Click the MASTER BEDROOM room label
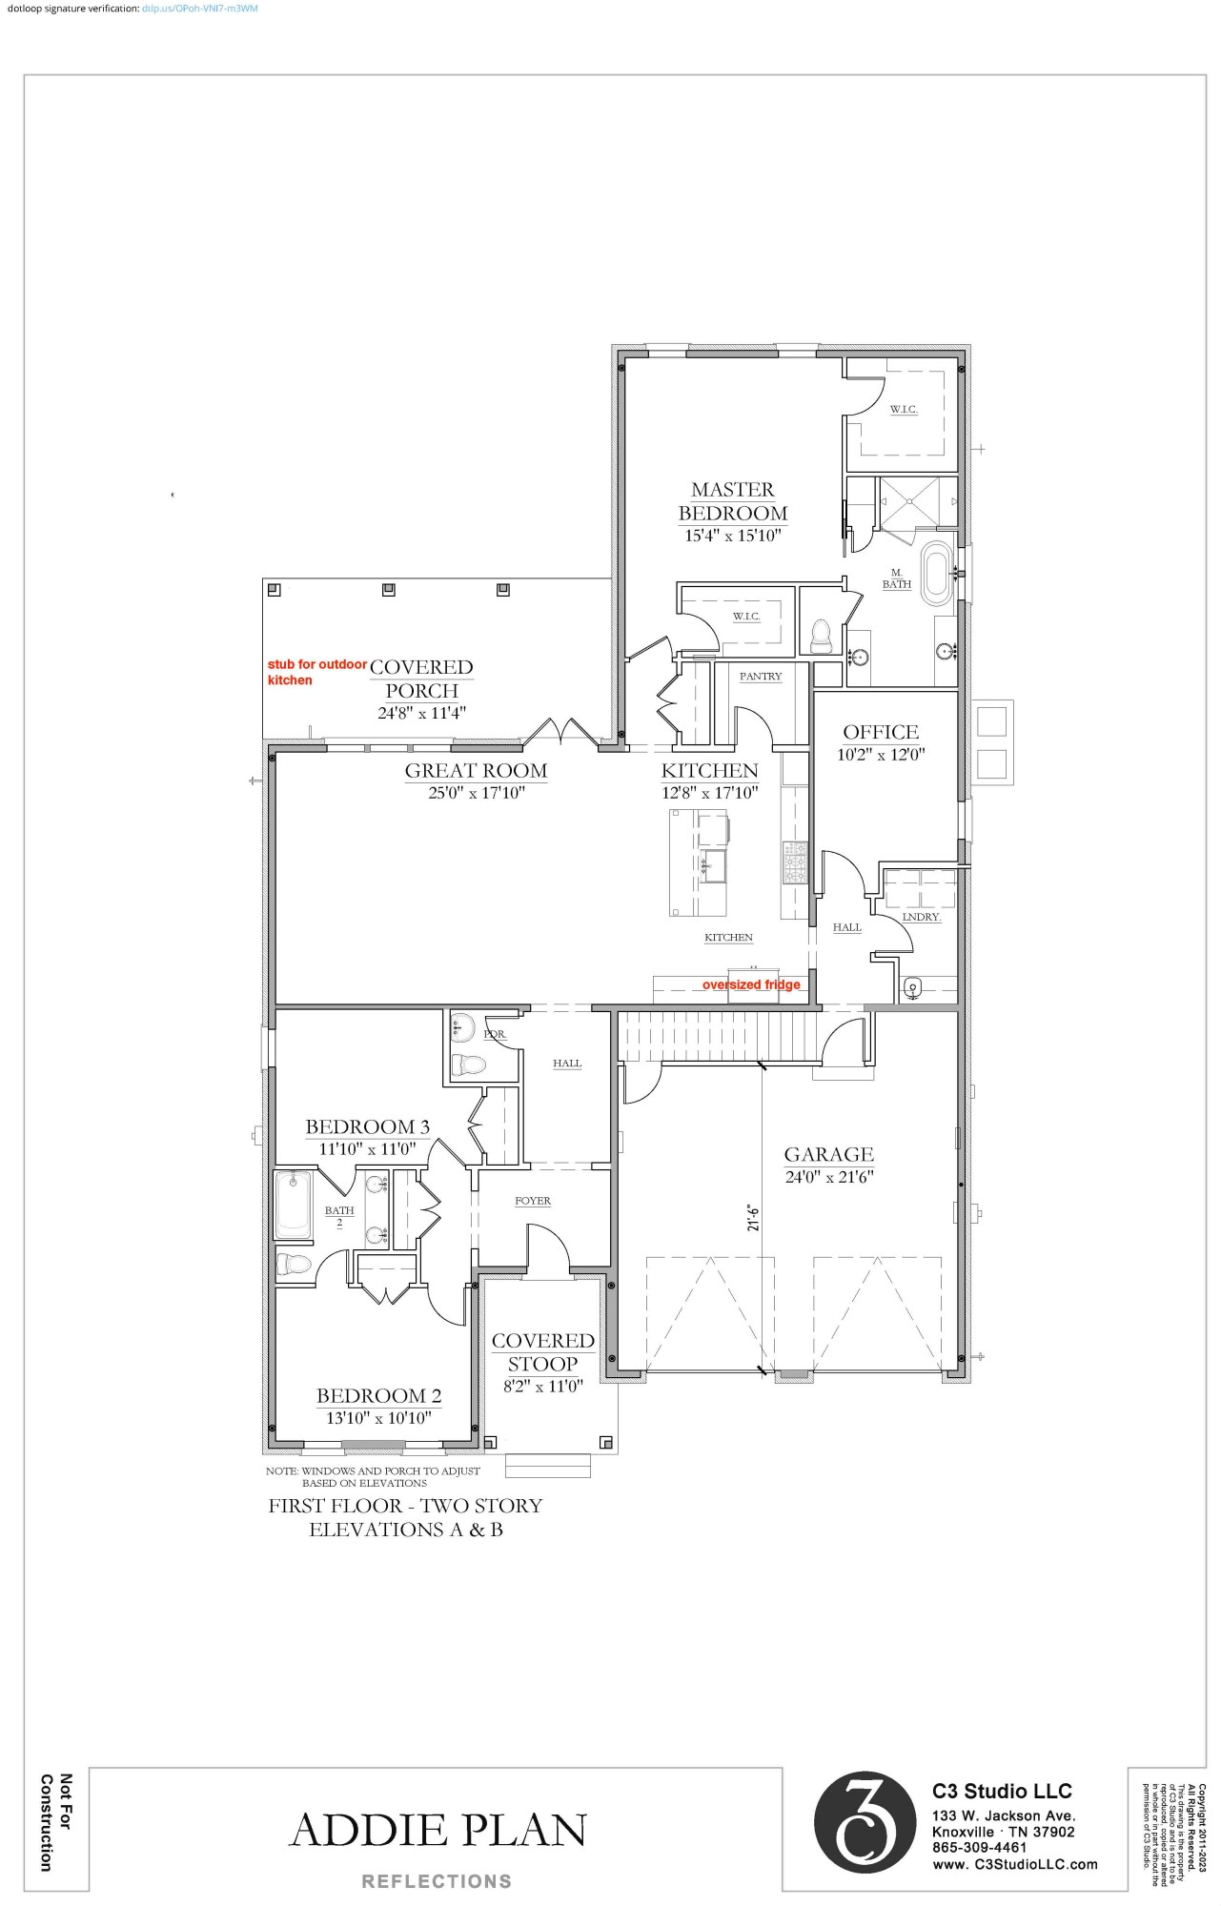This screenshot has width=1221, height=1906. pos(732,501)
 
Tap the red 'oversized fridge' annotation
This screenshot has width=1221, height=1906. pos(751,984)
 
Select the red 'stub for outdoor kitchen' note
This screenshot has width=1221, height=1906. pos(315,672)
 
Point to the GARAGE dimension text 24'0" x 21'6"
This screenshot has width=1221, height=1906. pos(829,1177)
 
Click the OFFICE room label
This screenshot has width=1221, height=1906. pos(881,732)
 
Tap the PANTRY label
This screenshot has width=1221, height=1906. pos(761,676)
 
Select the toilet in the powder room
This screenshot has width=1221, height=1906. pos(469,1065)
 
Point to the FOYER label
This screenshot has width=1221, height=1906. pos(533,1201)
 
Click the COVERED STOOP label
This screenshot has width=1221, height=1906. pos(542,1352)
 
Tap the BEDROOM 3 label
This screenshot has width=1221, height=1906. pos(367,1126)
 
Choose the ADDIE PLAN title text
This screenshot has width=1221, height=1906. pos(438,1830)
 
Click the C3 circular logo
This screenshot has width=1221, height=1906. pos(865,1823)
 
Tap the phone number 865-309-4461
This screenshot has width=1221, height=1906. pos(979,1847)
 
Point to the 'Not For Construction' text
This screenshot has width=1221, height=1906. pos(55,1822)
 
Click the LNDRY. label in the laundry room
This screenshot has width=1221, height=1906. pos(921,917)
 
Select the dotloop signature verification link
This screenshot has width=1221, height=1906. pos(199,9)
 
